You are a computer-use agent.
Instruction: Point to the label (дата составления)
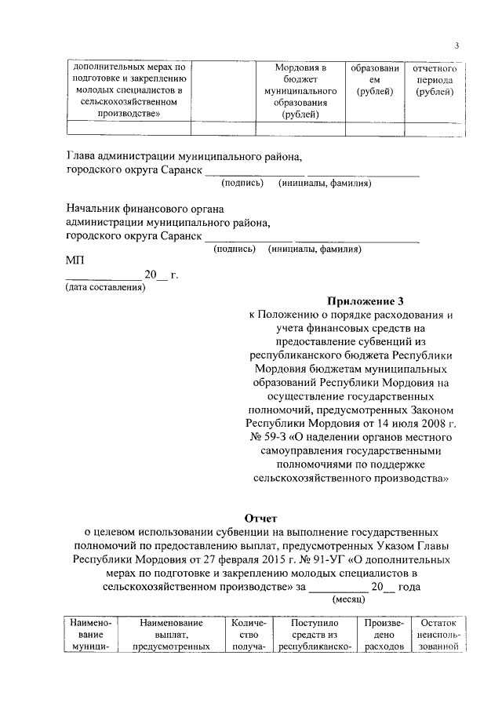pyautogui.click(x=105, y=288)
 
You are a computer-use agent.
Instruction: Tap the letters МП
pyautogui.click(x=75, y=260)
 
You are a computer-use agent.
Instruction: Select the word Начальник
pyautogui.click(x=92, y=209)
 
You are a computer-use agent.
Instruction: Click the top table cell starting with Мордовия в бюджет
pyautogui.click(x=300, y=92)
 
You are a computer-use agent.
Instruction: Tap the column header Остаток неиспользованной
pyautogui.click(x=442, y=635)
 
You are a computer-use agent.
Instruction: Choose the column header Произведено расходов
pyautogui.click(x=384, y=635)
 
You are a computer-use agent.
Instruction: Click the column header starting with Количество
pyautogui.click(x=249, y=635)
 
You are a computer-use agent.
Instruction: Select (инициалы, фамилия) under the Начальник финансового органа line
pyautogui.click(x=314, y=249)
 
